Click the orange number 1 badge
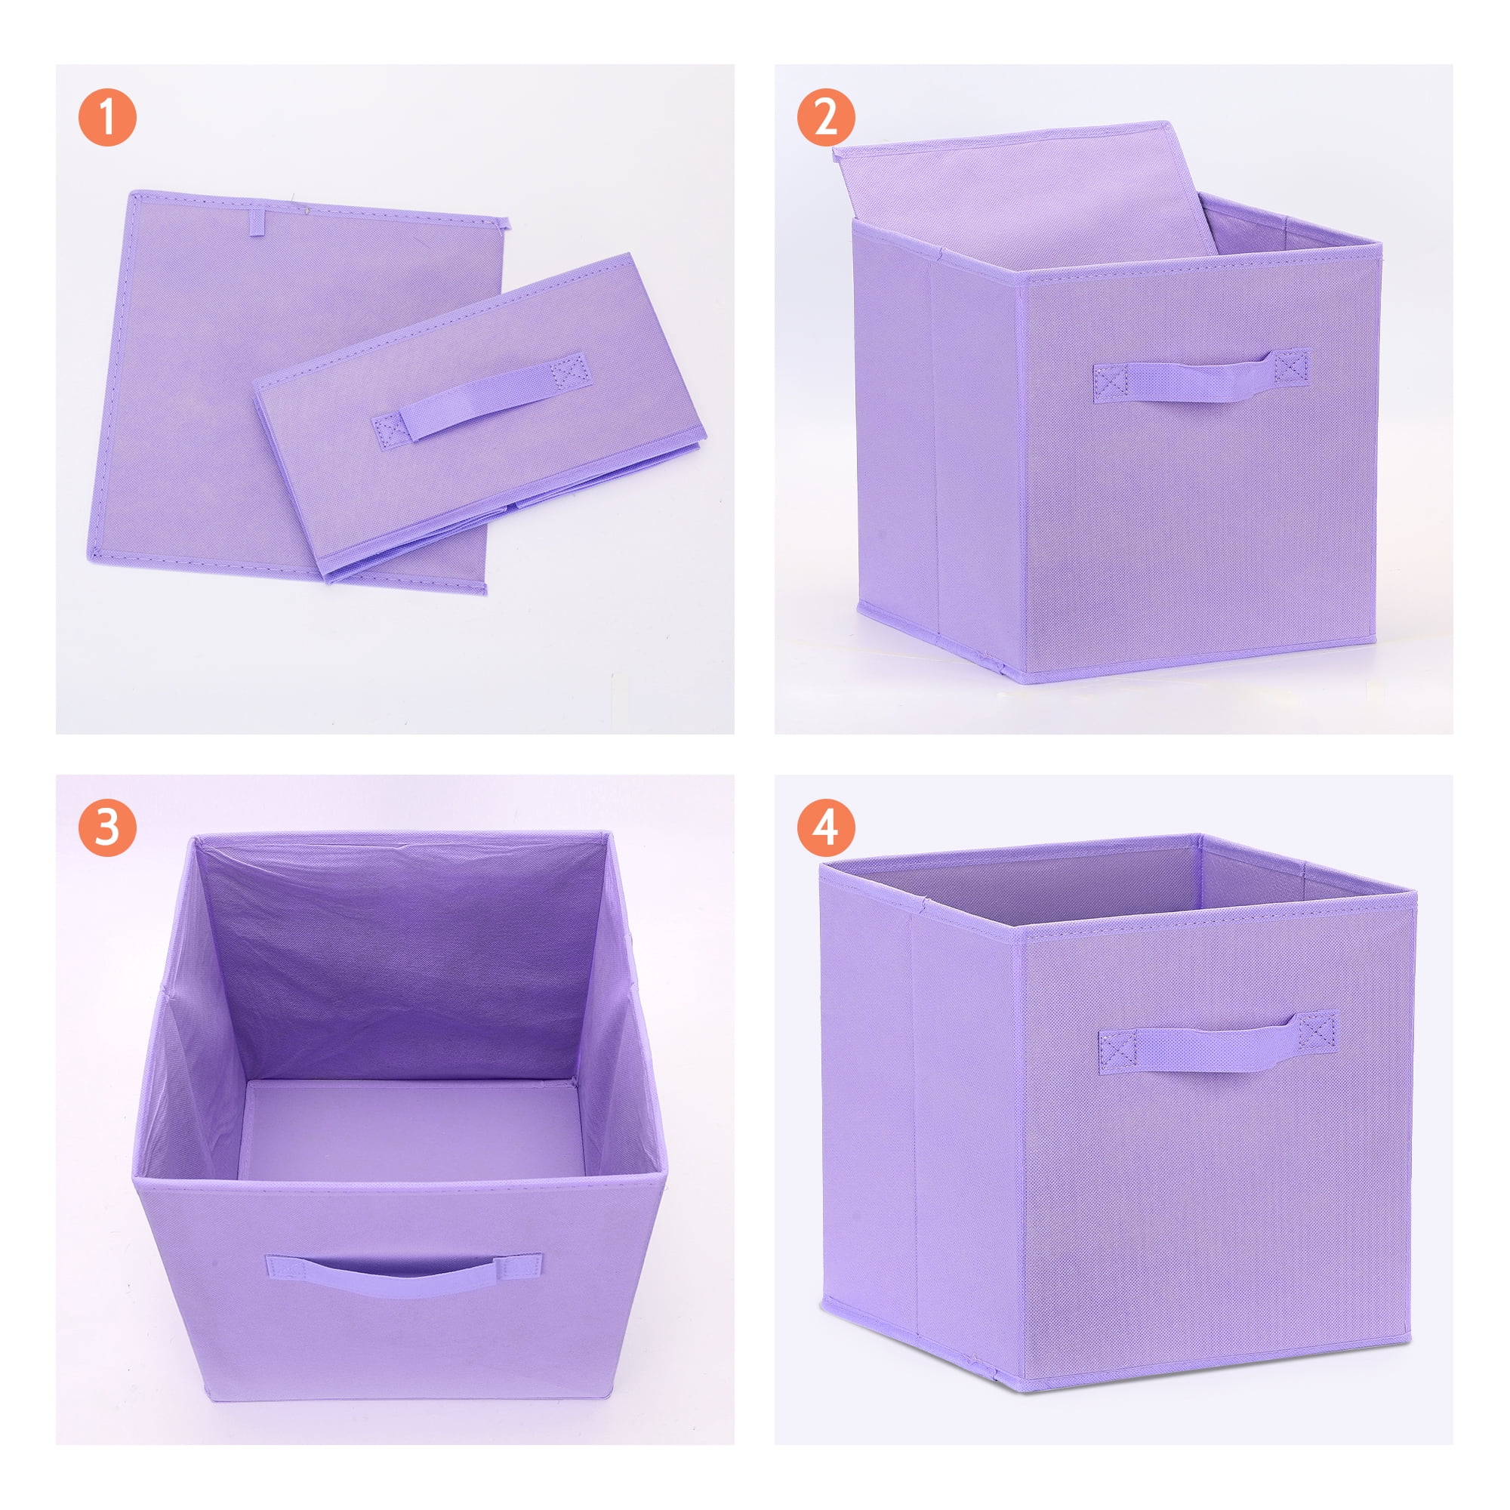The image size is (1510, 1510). point(107,117)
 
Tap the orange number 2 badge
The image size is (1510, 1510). point(826,117)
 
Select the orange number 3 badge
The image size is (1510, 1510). point(107,827)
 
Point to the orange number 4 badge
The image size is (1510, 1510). point(826,827)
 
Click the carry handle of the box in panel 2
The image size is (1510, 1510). point(1200,374)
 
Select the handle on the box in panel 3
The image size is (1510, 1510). point(402,1274)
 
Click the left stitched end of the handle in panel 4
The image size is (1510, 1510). point(1117,1049)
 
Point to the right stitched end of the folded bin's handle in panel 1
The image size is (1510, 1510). point(569,369)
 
